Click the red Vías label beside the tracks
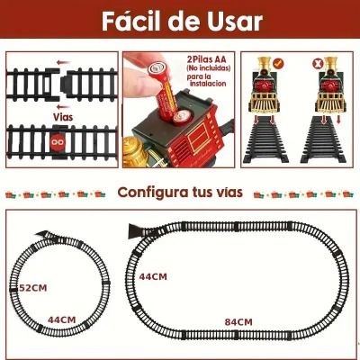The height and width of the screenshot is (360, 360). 63,116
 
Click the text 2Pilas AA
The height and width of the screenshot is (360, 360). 207,58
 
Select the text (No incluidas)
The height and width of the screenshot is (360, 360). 209,68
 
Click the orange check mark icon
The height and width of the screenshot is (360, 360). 278,63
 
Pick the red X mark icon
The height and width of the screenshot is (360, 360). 317,63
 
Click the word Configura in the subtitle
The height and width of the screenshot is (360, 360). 150,193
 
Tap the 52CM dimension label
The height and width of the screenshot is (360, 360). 33,288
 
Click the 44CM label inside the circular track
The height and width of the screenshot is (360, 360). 62,319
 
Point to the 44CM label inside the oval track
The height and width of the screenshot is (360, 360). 153,276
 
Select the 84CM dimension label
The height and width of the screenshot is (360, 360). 238,322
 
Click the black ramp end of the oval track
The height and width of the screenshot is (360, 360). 134,231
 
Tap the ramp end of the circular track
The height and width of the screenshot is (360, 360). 43,234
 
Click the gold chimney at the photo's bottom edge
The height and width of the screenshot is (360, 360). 133,151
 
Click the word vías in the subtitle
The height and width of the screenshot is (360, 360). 229,192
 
